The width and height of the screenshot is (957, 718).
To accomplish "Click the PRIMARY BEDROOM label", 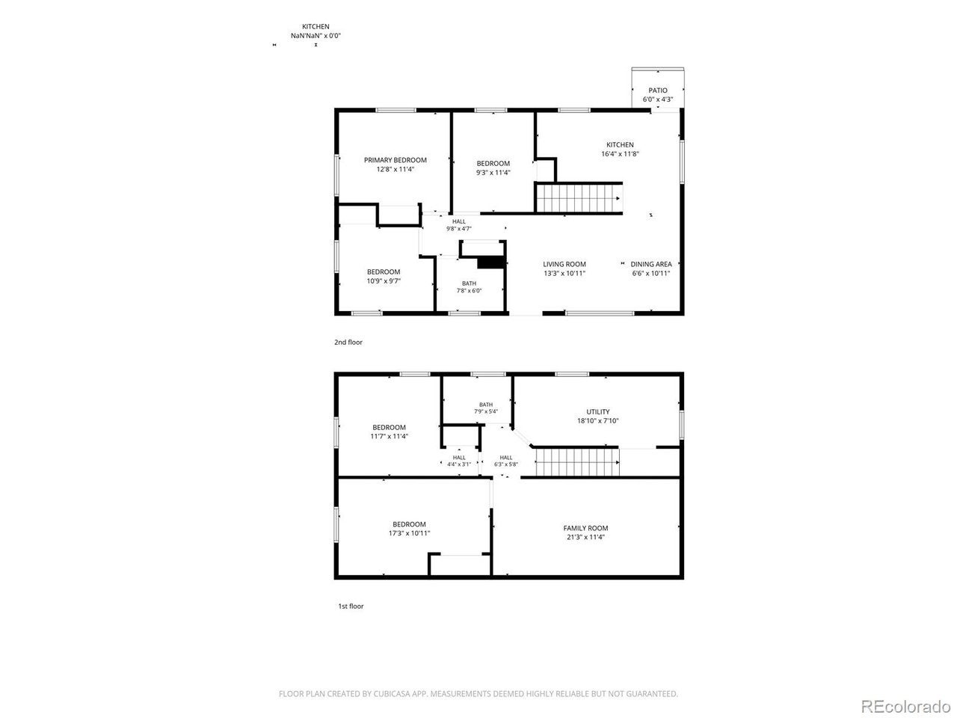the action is pyautogui.click(x=395, y=160).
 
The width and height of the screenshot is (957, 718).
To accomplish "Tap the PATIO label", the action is pyautogui.click(x=657, y=90).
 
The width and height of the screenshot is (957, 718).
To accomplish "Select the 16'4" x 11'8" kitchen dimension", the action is pyautogui.click(x=620, y=153).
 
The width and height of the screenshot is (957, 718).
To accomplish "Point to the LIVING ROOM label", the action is pyautogui.click(x=564, y=264).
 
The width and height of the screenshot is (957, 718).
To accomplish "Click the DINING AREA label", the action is pyautogui.click(x=651, y=264).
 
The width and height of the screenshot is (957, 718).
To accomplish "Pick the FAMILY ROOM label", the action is pyautogui.click(x=585, y=528).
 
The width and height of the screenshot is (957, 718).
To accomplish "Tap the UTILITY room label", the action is pyautogui.click(x=597, y=411).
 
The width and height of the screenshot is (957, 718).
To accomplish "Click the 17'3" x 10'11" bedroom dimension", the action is pyautogui.click(x=409, y=533).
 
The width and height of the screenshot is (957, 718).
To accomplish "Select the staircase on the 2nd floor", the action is pyautogui.click(x=579, y=198).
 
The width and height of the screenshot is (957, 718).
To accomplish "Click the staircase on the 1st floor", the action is pyautogui.click(x=577, y=462).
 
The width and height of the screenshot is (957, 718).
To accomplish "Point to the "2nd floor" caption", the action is pyautogui.click(x=348, y=343).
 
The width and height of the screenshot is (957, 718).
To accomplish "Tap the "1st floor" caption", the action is pyautogui.click(x=351, y=606).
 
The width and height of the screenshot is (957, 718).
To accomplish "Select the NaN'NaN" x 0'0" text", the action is pyautogui.click(x=316, y=36).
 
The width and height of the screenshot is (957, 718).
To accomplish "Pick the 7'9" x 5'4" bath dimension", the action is pyautogui.click(x=486, y=411).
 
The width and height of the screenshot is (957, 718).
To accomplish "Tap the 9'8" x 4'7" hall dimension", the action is pyautogui.click(x=458, y=228).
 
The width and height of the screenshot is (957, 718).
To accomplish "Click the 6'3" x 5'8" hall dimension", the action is pyautogui.click(x=505, y=464).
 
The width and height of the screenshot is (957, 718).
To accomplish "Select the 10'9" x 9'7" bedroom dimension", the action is pyautogui.click(x=384, y=280).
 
